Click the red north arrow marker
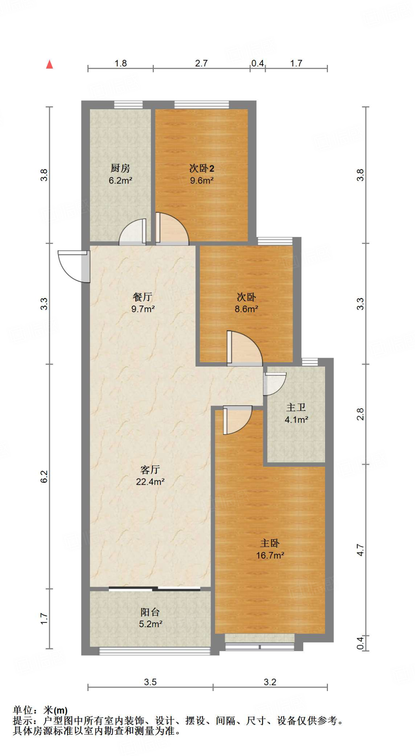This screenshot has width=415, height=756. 49,64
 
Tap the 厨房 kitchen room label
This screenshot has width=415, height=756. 120,168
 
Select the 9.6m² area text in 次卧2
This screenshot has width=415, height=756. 202,181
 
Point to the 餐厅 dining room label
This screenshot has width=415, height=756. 142,297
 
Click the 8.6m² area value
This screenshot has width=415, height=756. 246,309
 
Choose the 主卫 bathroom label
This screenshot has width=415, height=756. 296,407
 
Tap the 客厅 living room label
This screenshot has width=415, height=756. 150,470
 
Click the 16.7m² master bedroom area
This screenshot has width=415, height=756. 270,555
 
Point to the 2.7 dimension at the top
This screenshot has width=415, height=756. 201,63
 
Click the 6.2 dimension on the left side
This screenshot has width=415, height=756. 44,476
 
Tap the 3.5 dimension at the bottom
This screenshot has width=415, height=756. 150,682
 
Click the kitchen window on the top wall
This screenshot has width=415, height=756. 128,104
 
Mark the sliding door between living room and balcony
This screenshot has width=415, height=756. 155,588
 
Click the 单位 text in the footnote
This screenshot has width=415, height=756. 23,710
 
